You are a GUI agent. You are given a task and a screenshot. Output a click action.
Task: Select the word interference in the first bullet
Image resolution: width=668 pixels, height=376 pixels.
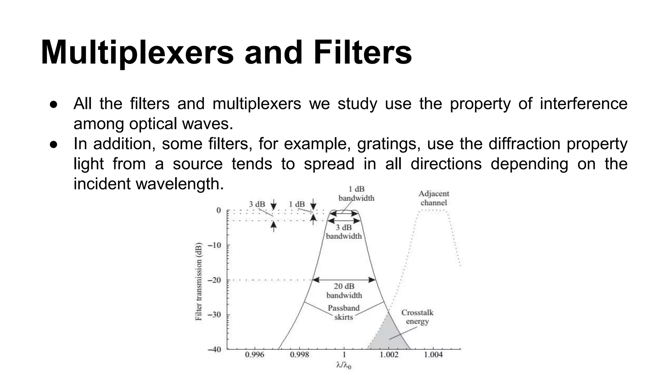click(584, 104)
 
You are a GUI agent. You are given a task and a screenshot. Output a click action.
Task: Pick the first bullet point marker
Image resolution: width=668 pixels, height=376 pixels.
click(54, 104)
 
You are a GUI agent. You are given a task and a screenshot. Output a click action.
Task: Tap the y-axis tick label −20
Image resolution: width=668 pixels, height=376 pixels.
click(214, 280)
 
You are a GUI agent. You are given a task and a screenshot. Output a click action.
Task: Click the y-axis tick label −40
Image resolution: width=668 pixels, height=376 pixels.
click(214, 349)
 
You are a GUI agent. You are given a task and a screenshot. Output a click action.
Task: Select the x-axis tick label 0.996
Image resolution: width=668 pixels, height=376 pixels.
click(254, 354)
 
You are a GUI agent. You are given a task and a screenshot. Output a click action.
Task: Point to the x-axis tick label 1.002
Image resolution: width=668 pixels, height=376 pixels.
click(389, 354)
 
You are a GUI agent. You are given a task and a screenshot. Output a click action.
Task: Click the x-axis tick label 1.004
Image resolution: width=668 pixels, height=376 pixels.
click(433, 354)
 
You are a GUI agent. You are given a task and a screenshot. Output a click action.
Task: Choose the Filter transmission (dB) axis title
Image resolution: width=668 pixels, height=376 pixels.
click(199, 281)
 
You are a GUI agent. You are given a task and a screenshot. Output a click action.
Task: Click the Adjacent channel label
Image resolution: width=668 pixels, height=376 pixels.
click(434, 198)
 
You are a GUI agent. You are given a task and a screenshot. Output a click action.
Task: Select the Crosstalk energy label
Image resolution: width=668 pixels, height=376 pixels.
click(417, 317)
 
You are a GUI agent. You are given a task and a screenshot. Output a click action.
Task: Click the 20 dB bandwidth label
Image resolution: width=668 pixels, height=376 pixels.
click(344, 291)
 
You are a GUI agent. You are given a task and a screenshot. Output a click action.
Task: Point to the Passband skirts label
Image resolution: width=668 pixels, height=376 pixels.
click(343, 312)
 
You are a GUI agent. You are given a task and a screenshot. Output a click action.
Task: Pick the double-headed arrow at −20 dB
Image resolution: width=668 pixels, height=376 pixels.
click(344, 280)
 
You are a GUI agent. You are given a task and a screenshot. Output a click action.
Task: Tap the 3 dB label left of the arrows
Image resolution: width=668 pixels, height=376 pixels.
click(257, 204)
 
